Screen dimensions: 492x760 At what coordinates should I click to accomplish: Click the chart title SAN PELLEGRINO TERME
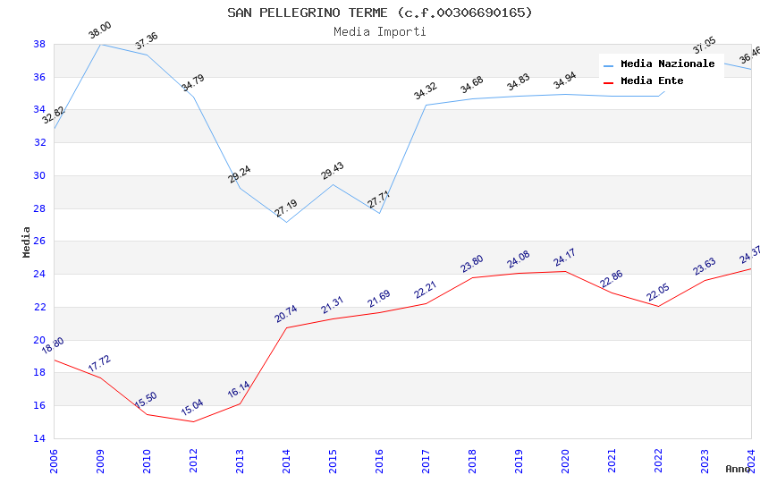pyautogui.click(x=379, y=13)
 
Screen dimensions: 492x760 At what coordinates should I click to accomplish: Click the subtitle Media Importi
pyautogui.click(x=379, y=31)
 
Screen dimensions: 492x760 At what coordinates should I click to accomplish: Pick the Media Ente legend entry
pyautogui.click(x=652, y=81)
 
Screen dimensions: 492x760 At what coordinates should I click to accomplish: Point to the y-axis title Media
pyautogui.click(x=27, y=242)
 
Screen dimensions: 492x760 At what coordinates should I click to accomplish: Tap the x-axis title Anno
pyautogui.click(x=738, y=469)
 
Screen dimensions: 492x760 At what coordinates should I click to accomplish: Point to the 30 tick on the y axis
pyautogui.click(x=39, y=175)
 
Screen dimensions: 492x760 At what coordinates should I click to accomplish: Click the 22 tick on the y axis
pyautogui.click(x=39, y=307)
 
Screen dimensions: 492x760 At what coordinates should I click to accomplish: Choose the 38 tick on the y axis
pyautogui.click(x=39, y=44)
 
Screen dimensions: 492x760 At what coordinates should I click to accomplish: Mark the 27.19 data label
pyautogui.click(x=286, y=208)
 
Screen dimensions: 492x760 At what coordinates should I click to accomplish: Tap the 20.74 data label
pyautogui.click(x=286, y=314)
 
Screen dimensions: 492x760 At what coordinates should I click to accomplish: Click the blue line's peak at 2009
pyautogui.click(x=100, y=44)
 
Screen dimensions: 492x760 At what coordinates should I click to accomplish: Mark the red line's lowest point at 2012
pyautogui.click(x=193, y=421)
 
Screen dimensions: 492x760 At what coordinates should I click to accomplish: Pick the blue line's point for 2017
pyautogui.click(x=426, y=105)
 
